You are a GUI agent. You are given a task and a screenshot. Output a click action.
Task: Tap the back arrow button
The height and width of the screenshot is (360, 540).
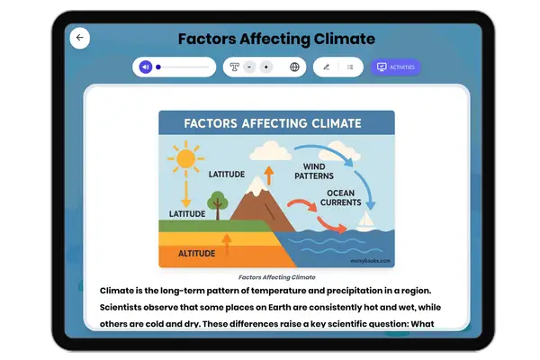pos(80,38)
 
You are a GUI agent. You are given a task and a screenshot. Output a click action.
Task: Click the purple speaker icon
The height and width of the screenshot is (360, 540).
pos(146,67)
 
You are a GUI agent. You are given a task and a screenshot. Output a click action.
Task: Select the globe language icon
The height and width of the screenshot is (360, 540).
pos(294,67)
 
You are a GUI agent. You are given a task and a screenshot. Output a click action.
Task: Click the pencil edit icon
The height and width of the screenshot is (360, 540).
pos(326,67)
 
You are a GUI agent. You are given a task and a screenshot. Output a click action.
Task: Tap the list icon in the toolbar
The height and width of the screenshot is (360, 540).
pos(350,67)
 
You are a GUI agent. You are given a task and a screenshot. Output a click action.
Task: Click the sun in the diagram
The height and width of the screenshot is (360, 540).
pos(186,159)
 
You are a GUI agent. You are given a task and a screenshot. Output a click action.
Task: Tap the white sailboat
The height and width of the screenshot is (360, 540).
pos(366,220)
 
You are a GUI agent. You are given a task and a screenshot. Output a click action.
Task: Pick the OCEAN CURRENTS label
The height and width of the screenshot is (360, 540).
pos(346,198)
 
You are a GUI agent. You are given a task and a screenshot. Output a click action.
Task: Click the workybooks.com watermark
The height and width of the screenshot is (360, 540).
pos(373,261)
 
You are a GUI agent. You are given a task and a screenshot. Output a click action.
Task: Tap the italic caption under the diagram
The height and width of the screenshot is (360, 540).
pos(276,277)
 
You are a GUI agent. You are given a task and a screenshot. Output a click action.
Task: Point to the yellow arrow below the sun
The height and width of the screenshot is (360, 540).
pos(186,194)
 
